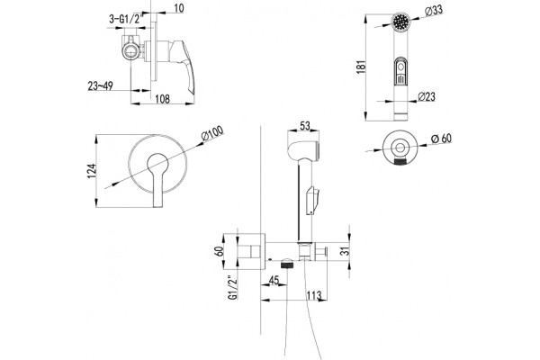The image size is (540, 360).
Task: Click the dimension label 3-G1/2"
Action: [125, 20]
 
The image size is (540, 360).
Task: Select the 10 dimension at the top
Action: [179, 8]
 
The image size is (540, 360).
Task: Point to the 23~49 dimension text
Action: [100, 86]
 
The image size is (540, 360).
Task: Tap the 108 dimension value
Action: [163, 99]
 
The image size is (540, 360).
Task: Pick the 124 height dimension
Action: [92, 171]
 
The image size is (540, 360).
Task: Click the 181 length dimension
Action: [361, 67]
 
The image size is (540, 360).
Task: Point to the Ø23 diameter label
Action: [427, 97]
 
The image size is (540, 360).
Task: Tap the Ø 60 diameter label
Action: [441, 139]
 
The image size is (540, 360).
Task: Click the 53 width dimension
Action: [304, 126]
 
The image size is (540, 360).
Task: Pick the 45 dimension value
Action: [274, 281]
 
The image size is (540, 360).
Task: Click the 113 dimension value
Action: [314, 295]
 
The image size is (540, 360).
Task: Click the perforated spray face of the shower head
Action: [401, 22]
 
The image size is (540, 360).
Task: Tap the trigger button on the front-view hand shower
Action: [400, 71]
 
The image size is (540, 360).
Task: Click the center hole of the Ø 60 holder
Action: [400, 148]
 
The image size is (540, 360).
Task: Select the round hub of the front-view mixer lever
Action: [158, 163]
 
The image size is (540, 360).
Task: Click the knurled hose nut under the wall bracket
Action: [287, 265]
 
